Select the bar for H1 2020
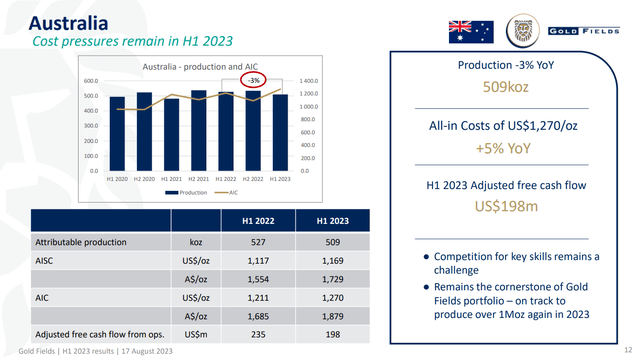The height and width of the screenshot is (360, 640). point(117,133)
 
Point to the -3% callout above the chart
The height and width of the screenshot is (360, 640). point(254,79)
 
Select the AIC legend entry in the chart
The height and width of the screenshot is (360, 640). point(229,192)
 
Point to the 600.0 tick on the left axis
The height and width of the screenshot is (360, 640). point(90,81)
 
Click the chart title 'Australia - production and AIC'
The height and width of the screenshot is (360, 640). point(197,66)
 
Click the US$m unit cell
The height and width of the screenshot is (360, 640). point(196,334)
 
